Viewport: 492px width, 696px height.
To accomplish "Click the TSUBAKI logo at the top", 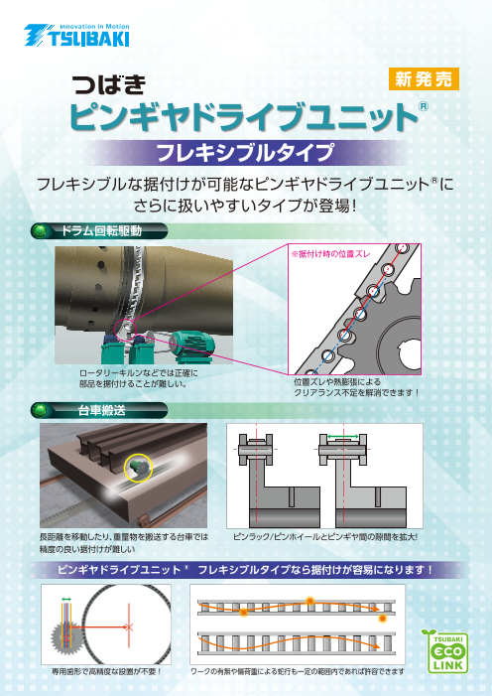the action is point(76,36).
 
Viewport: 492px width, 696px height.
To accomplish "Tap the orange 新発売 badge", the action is point(424,79).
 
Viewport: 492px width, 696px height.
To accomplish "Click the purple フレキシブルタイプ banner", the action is point(245,153).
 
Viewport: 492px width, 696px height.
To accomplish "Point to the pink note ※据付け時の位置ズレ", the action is point(330,255).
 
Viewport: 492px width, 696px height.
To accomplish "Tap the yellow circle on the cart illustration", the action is point(138,469).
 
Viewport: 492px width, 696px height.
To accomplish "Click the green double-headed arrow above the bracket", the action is point(343,437).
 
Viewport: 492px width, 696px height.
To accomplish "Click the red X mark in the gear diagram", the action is point(129,627).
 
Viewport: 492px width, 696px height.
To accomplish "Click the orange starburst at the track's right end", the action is point(382,619).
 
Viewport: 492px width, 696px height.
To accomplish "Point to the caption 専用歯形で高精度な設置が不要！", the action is point(106,671).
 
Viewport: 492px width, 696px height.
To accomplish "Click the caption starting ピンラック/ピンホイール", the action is point(325,537).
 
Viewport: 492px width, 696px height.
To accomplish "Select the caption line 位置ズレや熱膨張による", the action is point(337,381).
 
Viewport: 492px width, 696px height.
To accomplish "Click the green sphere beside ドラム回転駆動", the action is point(41,231).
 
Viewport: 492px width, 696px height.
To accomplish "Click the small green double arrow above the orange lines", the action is point(66,600).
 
